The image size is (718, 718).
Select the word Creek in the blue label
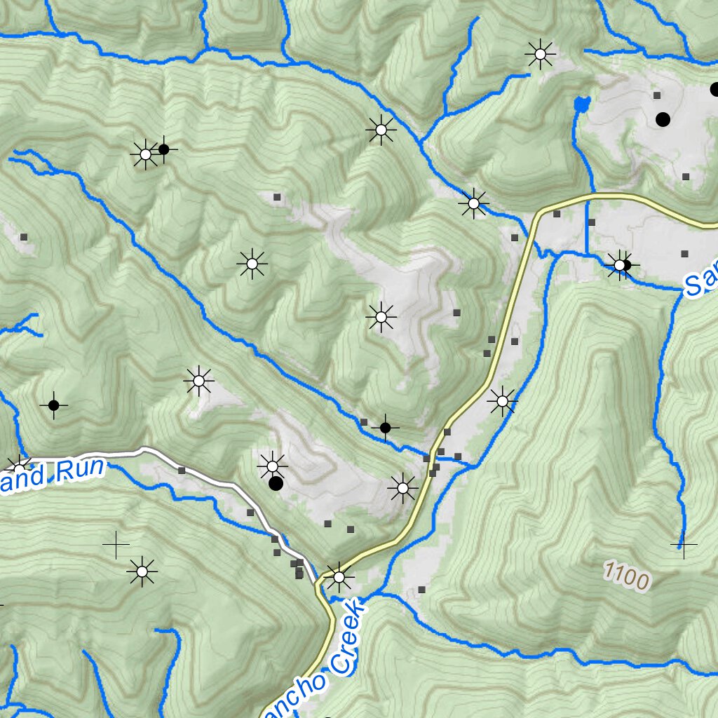tap(348, 637)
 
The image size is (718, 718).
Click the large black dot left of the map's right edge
tap(663, 119)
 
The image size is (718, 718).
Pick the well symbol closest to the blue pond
tap(541, 53)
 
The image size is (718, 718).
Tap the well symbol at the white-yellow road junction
tap(339, 577)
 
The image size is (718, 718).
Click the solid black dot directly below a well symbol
tap(276, 483)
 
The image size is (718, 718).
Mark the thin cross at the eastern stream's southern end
tap(683, 543)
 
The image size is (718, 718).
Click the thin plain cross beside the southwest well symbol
tap(116, 545)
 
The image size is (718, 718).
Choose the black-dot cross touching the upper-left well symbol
tap(163, 149)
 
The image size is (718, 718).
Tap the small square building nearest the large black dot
tap(657, 95)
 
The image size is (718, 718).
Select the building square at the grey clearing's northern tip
tap(277, 198)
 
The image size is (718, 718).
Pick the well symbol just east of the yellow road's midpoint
tap(502, 401)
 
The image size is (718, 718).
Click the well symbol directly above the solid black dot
tap(272, 465)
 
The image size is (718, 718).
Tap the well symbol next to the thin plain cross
tap(142, 571)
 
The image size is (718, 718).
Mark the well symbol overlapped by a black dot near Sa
tap(619, 265)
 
